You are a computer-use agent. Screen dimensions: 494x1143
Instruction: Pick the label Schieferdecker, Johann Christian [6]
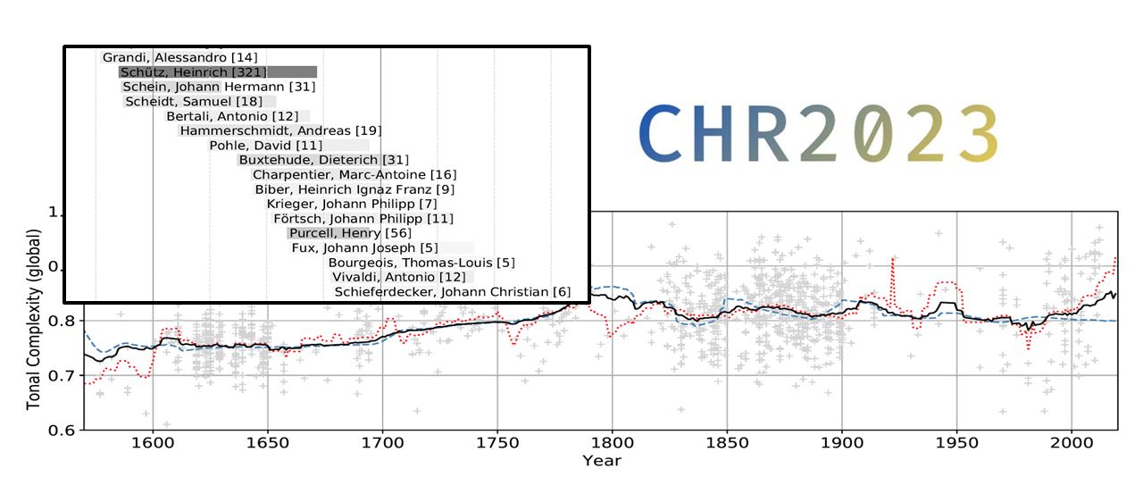pos(453,292)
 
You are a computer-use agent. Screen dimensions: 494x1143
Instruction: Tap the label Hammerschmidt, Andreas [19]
pos(280,131)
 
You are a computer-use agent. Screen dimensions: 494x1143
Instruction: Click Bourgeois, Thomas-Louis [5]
pos(421,263)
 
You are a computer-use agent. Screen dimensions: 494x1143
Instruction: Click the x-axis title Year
pos(601,461)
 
